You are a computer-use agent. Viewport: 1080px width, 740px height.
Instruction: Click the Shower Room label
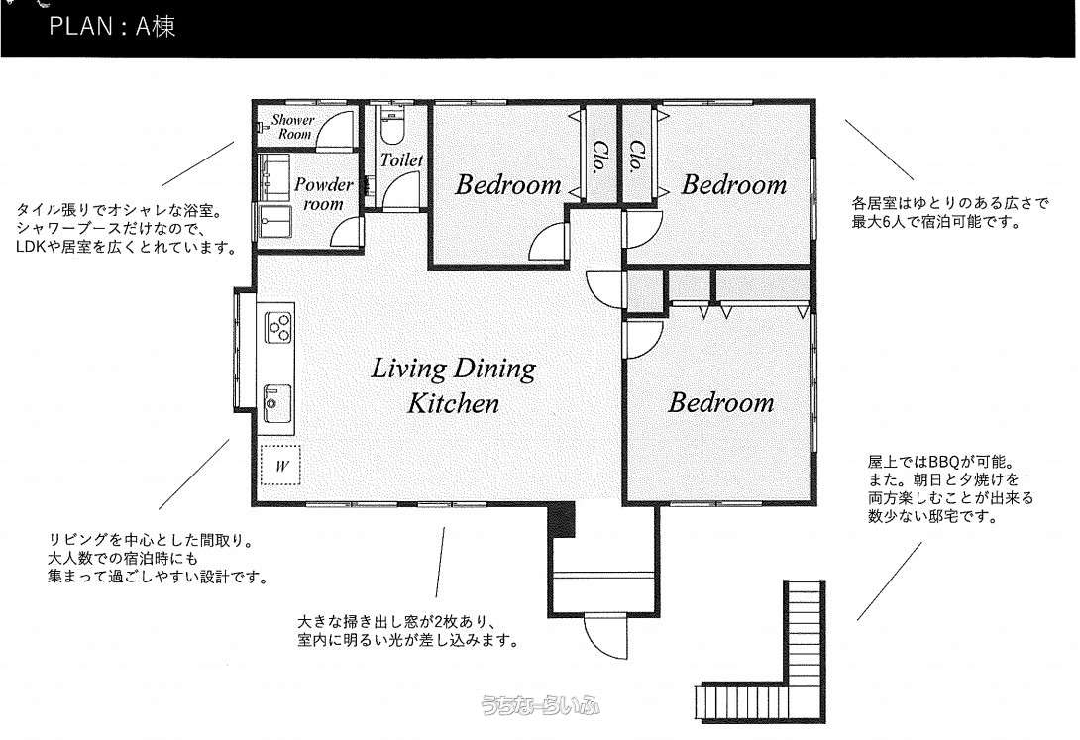click(292, 127)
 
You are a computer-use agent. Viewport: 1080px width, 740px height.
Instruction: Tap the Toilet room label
click(401, 159)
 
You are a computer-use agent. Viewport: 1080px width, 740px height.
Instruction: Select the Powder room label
click(323, 194)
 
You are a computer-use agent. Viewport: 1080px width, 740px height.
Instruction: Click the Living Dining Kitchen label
click(453, 385)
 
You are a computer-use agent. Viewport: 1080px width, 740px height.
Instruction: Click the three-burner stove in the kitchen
click(277, 327)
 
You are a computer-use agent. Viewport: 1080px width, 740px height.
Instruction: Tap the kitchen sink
click(276, 403)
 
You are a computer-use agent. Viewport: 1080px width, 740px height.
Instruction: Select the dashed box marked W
click(280, 466)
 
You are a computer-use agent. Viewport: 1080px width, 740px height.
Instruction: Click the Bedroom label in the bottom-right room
click(720, 403)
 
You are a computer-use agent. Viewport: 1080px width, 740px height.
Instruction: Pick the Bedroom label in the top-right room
click(733, 184)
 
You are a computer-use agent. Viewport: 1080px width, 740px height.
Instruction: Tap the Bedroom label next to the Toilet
click(507, 184)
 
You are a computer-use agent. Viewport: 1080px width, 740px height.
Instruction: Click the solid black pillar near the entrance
click(562, 520)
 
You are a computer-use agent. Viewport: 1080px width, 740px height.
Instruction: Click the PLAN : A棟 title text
click(112, 26)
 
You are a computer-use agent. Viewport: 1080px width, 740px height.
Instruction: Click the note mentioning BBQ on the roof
click(950, 488)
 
